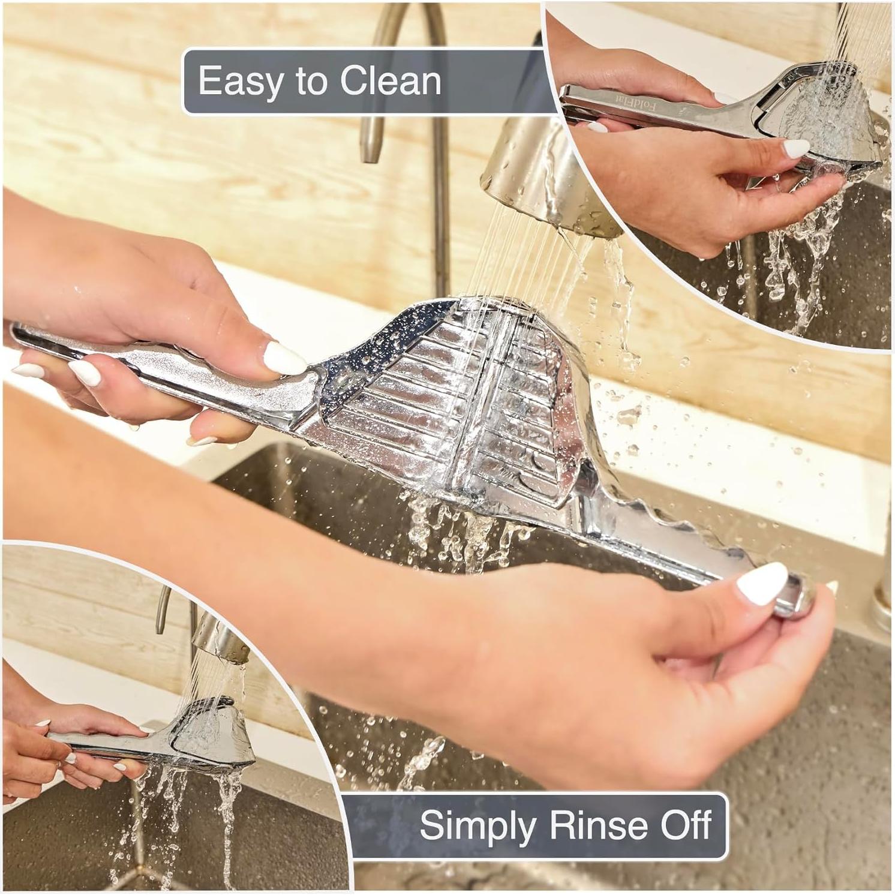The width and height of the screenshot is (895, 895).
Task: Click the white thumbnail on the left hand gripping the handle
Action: point(284,358)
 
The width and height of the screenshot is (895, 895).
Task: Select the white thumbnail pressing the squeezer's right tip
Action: point(762,582)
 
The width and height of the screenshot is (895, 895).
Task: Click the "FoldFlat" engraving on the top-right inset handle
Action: point(654,108)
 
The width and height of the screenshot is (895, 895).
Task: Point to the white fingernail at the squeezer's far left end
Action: point(27,371)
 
